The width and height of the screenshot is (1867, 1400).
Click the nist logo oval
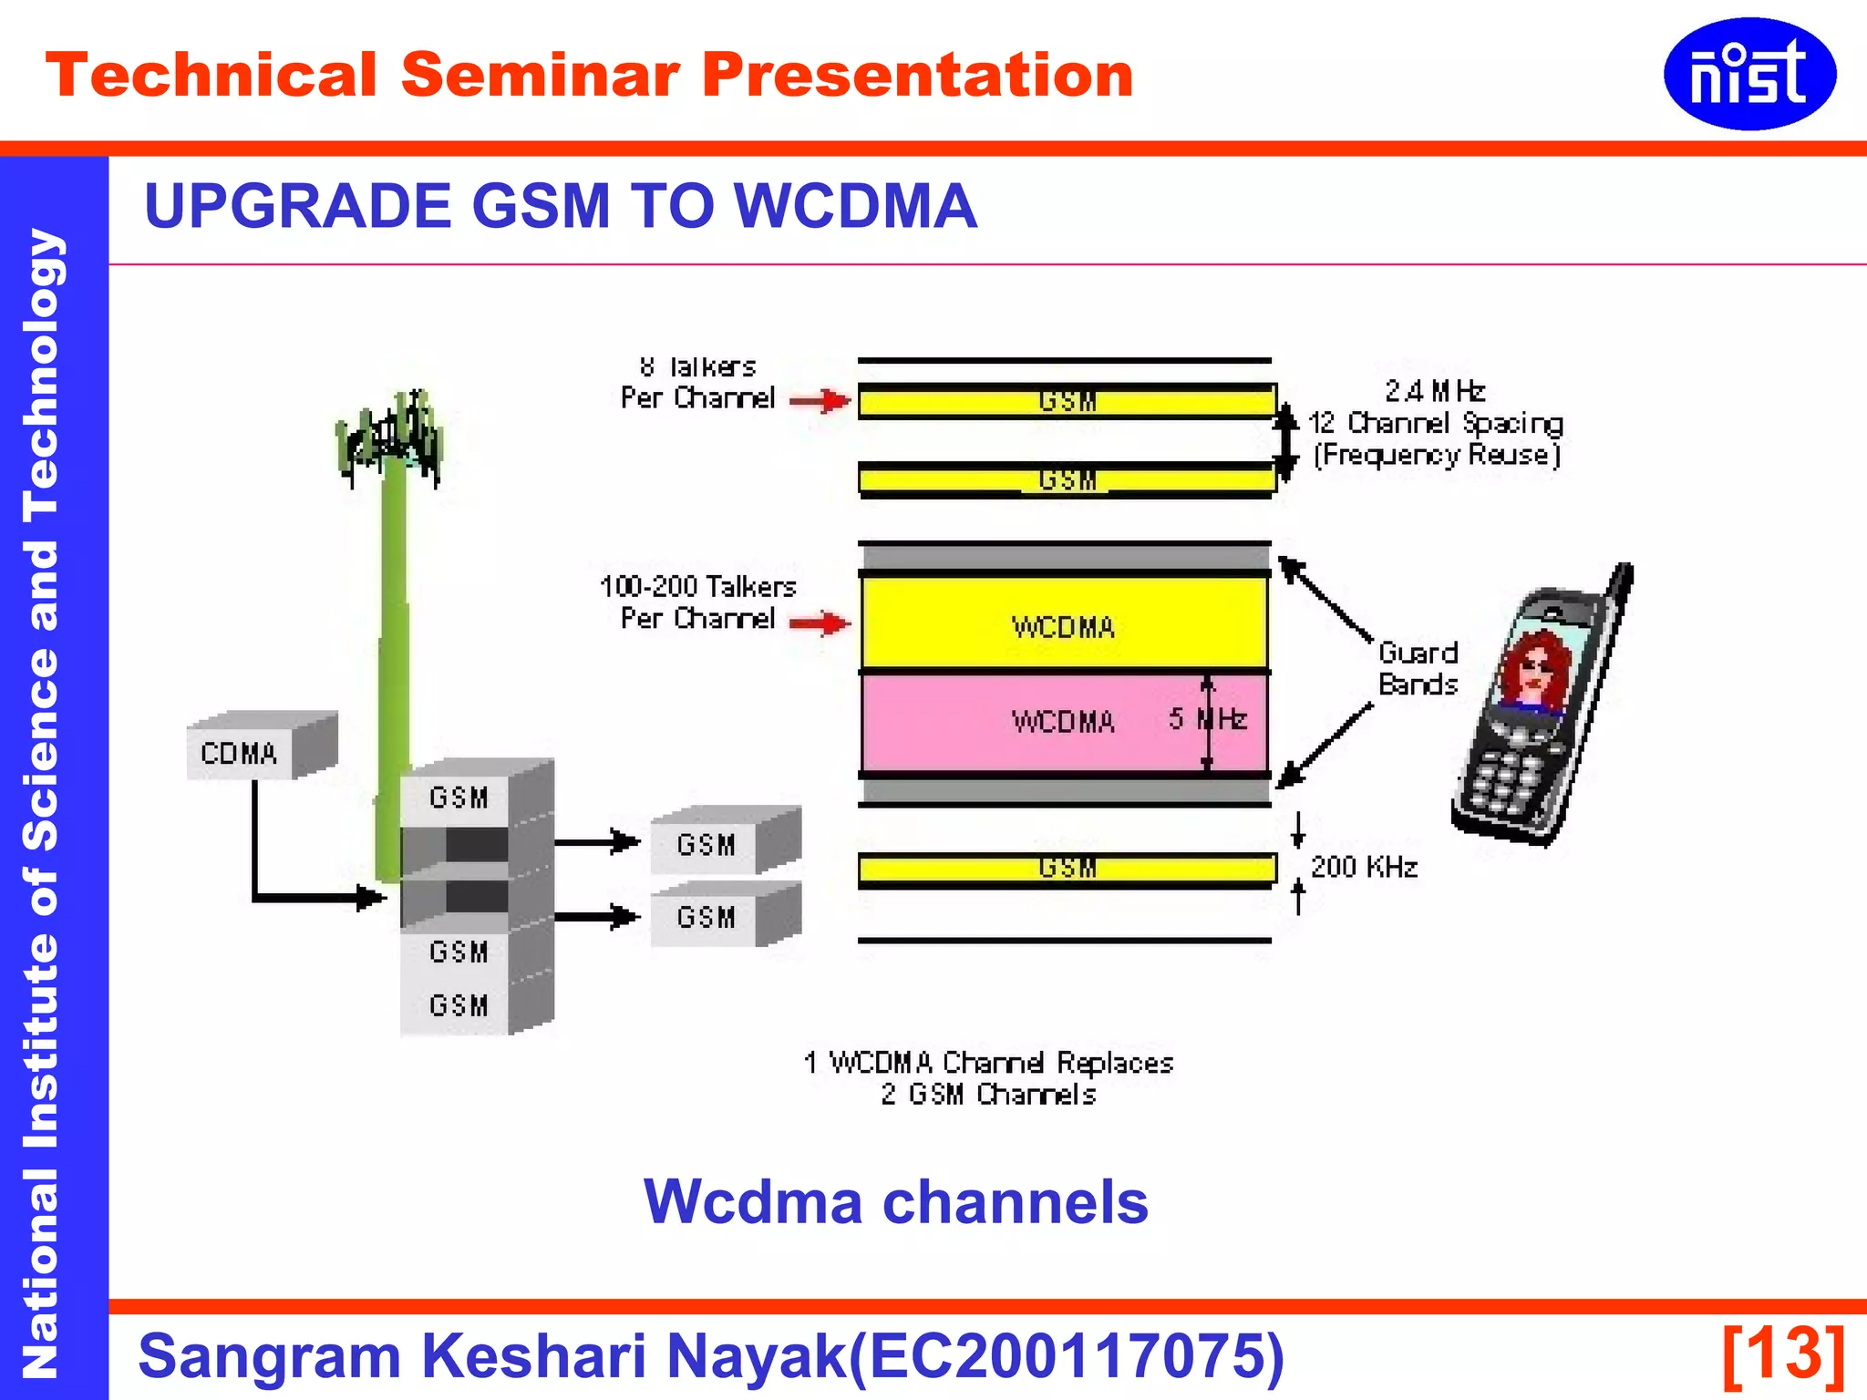point(1748,74)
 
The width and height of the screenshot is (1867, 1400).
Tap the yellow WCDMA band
point(1064,625)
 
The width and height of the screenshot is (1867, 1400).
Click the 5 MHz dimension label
point(1208,720)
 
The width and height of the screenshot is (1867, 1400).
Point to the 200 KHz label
point(1364,867)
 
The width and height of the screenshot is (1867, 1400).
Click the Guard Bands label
point(1418,668)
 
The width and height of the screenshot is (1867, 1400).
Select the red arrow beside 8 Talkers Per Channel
point(820,400)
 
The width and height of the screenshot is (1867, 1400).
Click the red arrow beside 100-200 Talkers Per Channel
point(820,623)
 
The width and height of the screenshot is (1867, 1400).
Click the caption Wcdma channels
point(895,1201)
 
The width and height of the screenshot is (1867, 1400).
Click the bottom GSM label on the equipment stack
point(459,1005)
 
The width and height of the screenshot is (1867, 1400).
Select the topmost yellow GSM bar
point(1067,401)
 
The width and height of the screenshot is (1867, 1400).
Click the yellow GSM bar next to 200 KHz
point(1067,869)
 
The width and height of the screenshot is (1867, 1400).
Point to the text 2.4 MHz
point(1434,391)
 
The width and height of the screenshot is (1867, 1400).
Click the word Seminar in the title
point(540,75)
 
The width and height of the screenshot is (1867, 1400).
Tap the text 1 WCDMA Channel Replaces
point(988,1063)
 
